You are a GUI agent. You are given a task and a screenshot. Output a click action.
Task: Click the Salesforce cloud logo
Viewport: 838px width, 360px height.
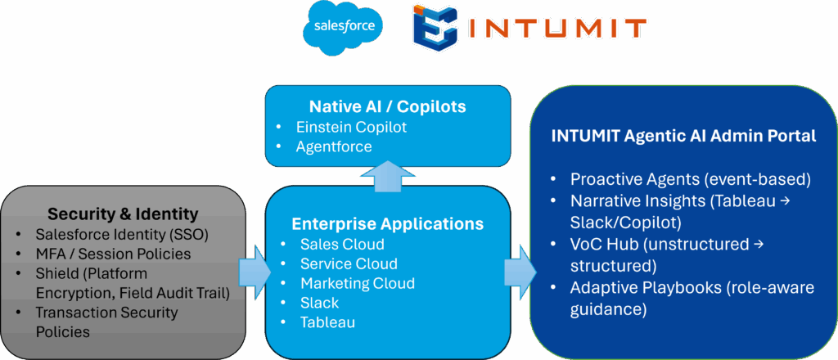343,27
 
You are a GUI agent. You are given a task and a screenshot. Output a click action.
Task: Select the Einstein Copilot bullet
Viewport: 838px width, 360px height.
352,127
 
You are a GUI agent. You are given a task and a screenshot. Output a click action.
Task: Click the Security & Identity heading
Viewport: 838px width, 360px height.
123,214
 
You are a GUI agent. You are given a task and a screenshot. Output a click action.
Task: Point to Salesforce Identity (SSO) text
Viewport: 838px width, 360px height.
122,234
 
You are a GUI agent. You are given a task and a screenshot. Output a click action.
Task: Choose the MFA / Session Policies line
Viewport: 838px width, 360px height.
113,254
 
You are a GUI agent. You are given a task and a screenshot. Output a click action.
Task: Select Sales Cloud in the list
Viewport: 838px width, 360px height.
342,244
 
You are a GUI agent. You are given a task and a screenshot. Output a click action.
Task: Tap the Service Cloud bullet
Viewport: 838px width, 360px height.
349,263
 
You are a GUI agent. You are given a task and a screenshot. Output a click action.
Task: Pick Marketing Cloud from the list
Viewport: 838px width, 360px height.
358,283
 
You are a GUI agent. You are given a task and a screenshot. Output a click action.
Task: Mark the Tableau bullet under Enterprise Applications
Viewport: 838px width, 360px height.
327,322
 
